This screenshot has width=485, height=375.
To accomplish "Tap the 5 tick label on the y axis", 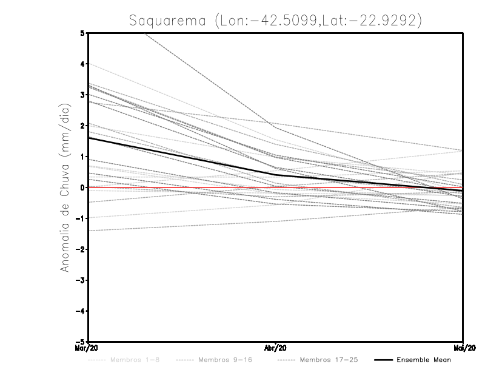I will [x=82, y=33].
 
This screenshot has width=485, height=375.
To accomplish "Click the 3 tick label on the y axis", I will [x=82, y=95].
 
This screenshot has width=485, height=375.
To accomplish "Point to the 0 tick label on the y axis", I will [x=82, y=187].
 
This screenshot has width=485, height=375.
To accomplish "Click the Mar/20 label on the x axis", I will [x=89, y=348].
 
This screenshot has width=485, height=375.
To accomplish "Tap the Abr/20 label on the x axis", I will [x=276, y=348].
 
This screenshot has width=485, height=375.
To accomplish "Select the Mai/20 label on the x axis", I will [x=462, y=348].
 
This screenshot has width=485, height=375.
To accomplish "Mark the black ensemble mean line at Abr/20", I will [x=276, y=175].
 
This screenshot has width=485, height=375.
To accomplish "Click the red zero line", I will [x=182, y=187].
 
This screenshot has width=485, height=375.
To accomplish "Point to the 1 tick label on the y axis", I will [x=82, y=157].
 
